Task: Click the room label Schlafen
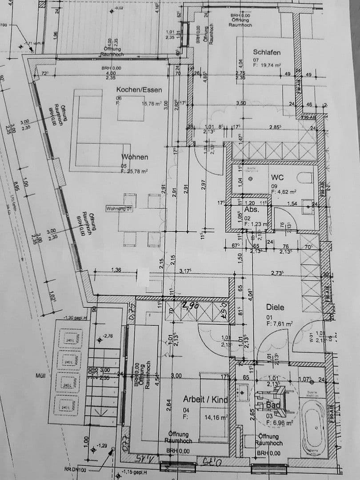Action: [x=267, y=52]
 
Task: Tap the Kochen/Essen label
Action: [x=139, y=90]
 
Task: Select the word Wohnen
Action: [x=135, y=157]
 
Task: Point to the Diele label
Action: [x=275, y=307]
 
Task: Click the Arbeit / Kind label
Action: [x=205, y=400]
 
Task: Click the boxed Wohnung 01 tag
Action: [x=120, y=208]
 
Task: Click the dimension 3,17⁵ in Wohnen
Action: [x=185, y=271]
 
